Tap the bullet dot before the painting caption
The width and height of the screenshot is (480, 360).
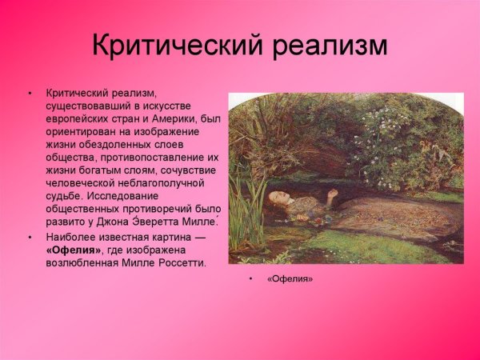[x=250, y=278]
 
